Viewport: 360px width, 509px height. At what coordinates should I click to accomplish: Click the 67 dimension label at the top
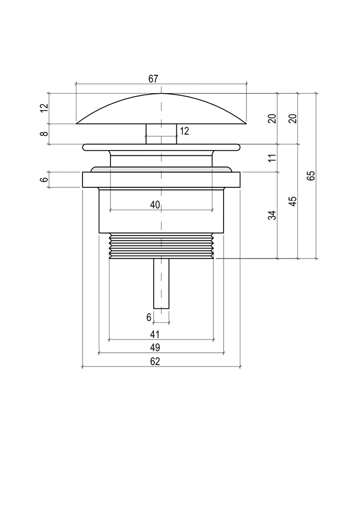(x=153, y=79)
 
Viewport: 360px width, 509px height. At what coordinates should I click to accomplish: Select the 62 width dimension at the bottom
(x=155, y=361)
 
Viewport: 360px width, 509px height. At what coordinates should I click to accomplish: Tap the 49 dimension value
(x=155, y=348)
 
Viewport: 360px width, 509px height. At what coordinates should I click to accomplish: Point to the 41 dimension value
(x=155, y=334)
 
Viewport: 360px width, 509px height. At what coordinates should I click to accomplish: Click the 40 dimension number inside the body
(x=155, y=205)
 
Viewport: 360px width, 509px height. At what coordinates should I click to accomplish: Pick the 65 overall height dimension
(x=311, y=176)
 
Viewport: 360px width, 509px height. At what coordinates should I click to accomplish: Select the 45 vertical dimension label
(x=293, y=201)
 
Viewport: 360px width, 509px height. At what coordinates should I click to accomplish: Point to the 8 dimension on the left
(x=44, y=133)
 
